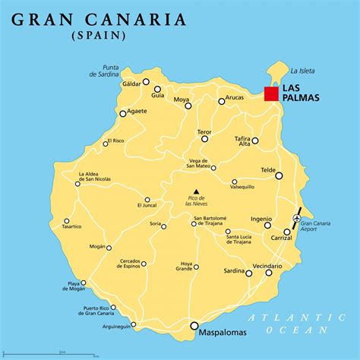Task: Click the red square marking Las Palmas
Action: coord(271,93)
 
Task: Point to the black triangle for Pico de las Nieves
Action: coord(196,191)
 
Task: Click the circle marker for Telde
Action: coord(279,175)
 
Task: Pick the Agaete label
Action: coord(137,111)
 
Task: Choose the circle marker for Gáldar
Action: coord(147,82)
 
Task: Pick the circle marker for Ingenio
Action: coord(267,224)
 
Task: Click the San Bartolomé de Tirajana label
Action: coord(218,222)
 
